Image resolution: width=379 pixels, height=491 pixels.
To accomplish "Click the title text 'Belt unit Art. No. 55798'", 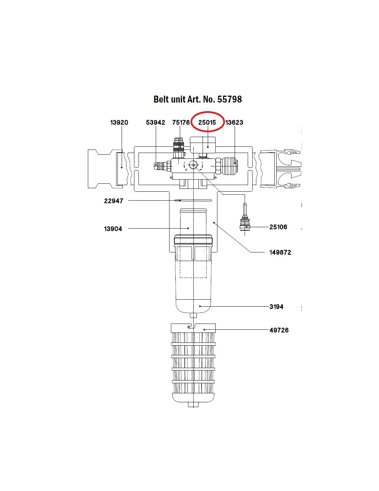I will click(197, 99).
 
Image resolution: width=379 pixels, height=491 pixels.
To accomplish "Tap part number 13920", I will click(119, 123).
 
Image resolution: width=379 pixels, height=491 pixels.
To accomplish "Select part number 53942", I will click(156, 123).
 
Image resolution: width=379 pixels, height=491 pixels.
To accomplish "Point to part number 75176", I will click(181, 123).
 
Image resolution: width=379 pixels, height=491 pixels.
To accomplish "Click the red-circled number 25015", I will click(207, 123).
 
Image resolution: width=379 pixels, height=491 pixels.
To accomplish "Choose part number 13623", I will click(234, 123).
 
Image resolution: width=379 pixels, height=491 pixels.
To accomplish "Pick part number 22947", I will click(114, 201).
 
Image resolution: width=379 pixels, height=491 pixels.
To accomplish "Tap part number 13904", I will click(113, 229).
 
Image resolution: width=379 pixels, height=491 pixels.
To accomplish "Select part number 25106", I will click(278, 227).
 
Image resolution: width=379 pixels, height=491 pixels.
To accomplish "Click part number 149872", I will click(280, 252).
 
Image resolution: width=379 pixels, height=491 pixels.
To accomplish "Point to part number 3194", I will click(276, 307).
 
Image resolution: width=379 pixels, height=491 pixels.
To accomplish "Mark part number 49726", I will click(279, 330).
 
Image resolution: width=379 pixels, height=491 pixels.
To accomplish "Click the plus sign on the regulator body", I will click(186, 170).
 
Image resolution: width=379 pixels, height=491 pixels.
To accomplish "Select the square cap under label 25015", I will click(203, 144).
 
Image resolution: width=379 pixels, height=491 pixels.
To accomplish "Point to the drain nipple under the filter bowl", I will click(193, 315).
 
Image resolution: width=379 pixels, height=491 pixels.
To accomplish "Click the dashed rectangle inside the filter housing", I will click(193, 266).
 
